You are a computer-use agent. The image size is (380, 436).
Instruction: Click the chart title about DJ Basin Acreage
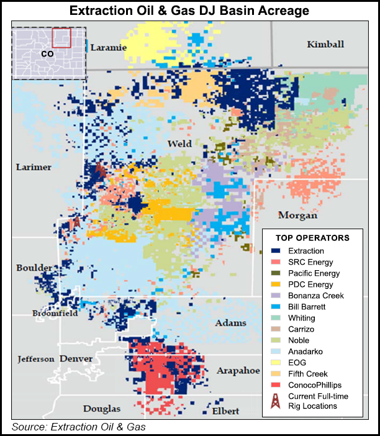tap(189, 11)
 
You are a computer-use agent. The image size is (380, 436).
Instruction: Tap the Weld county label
tap(180, 144)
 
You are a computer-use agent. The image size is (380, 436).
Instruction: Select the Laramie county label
tap(108, 47)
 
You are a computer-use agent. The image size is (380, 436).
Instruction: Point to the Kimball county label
tap(325, 44)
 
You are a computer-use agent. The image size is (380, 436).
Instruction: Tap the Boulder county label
tap(34, 268)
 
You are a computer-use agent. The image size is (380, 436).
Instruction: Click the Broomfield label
tap(55, 314)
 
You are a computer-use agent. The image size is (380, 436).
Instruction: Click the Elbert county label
tap(226, 411)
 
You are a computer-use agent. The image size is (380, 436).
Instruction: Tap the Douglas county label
tap(102, 408)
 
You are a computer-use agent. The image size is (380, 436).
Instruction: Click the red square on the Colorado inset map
tap(61, 38)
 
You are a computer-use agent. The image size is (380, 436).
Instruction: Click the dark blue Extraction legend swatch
tap(274, 251)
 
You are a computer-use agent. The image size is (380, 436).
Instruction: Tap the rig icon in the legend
tap(274, 401)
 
